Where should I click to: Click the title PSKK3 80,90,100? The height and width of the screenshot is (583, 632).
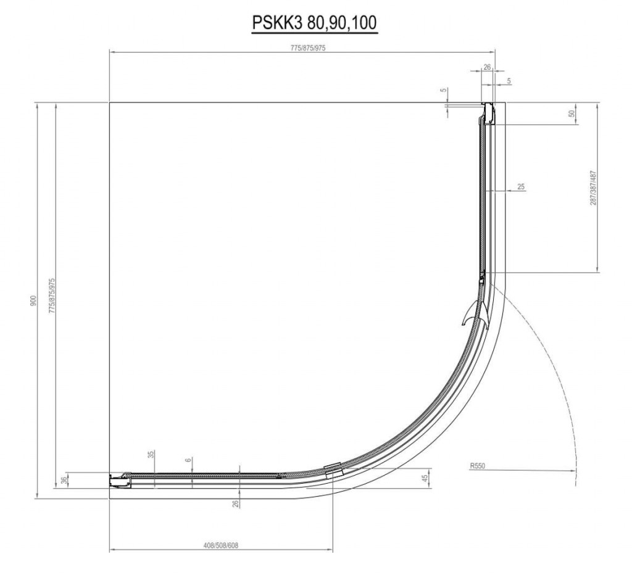(x=315, y=23)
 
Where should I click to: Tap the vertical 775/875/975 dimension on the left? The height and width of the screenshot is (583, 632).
(x=52, y=296)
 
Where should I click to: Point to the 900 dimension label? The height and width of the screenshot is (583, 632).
(x=33, y=300)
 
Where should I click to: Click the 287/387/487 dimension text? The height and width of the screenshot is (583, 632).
(x=593, y=188)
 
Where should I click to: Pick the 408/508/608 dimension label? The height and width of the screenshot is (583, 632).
(x=220, y=545)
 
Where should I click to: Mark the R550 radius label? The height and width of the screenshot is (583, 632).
(x=478, y=466)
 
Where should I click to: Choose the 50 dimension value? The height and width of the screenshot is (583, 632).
(x=572, y=114)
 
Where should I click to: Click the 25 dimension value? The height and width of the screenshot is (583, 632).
(x=521, y=186)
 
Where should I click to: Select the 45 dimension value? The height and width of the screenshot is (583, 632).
(x=425, y=478)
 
